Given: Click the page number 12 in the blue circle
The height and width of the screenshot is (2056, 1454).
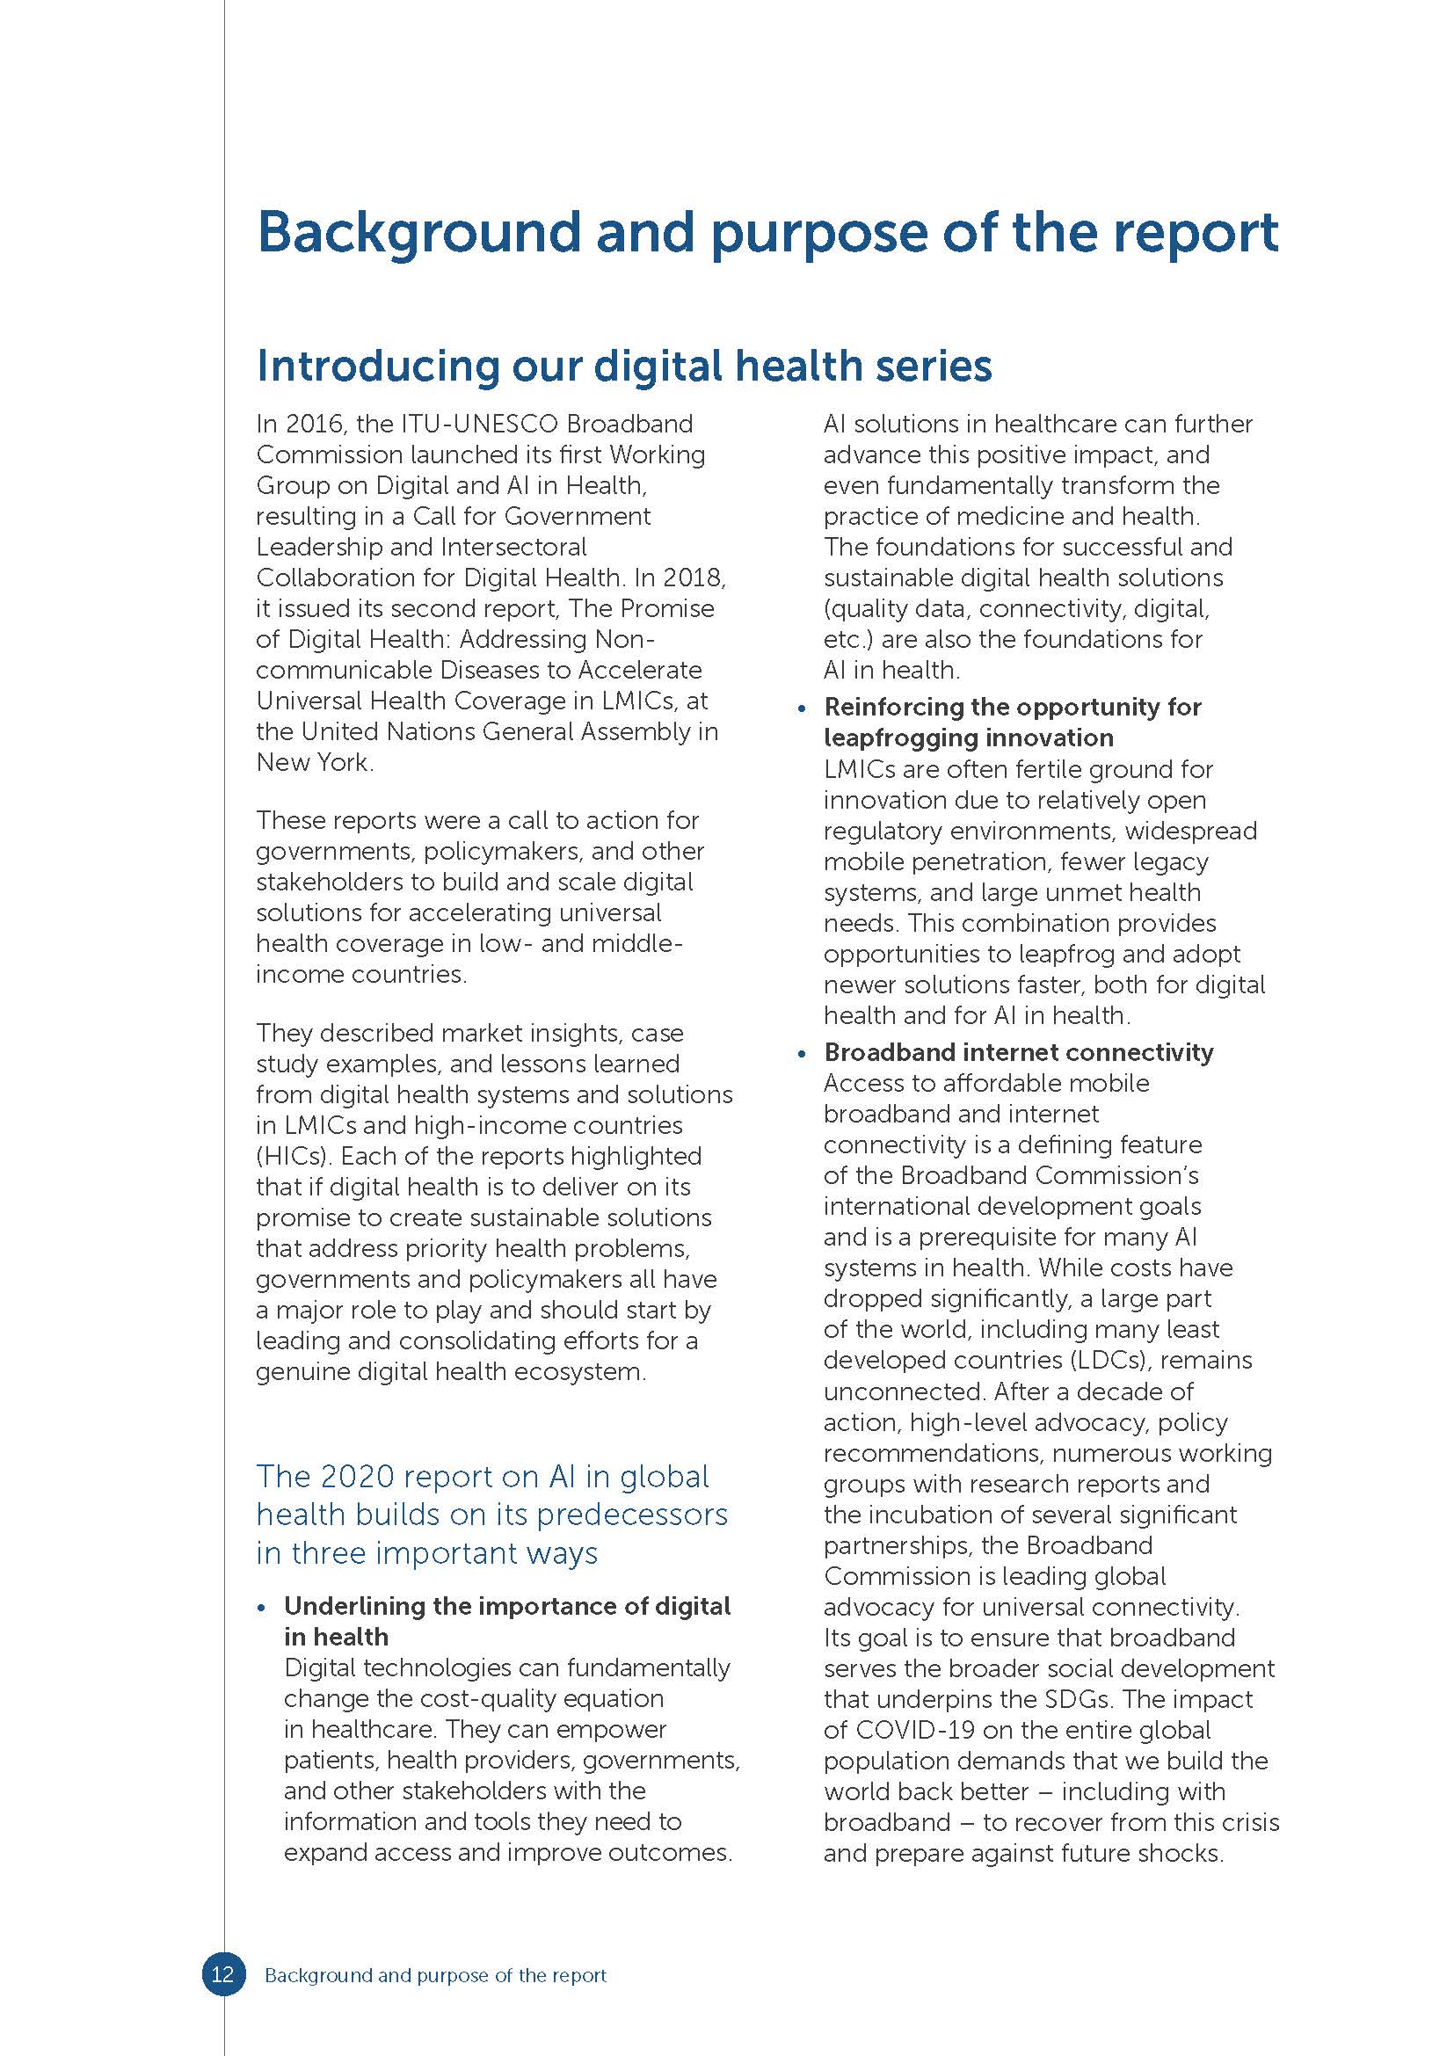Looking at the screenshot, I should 222,1973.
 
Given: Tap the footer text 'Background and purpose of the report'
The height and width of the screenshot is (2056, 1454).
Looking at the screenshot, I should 435,1974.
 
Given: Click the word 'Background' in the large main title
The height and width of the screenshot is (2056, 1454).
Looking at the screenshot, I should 419,233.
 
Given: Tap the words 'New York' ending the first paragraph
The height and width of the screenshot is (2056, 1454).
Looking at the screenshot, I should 311,762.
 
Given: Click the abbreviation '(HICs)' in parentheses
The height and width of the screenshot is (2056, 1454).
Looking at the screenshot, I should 290,1156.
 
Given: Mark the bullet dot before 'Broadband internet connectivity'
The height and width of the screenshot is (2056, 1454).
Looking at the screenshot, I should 803,1054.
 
